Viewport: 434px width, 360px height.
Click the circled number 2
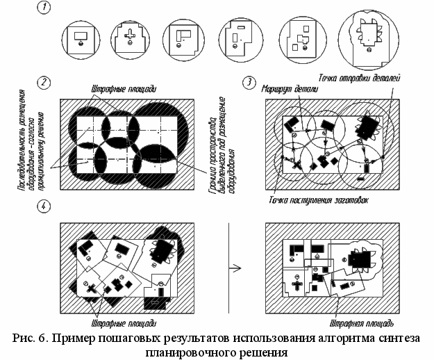pos(44,82)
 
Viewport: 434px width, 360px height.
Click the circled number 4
pos(44,206)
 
